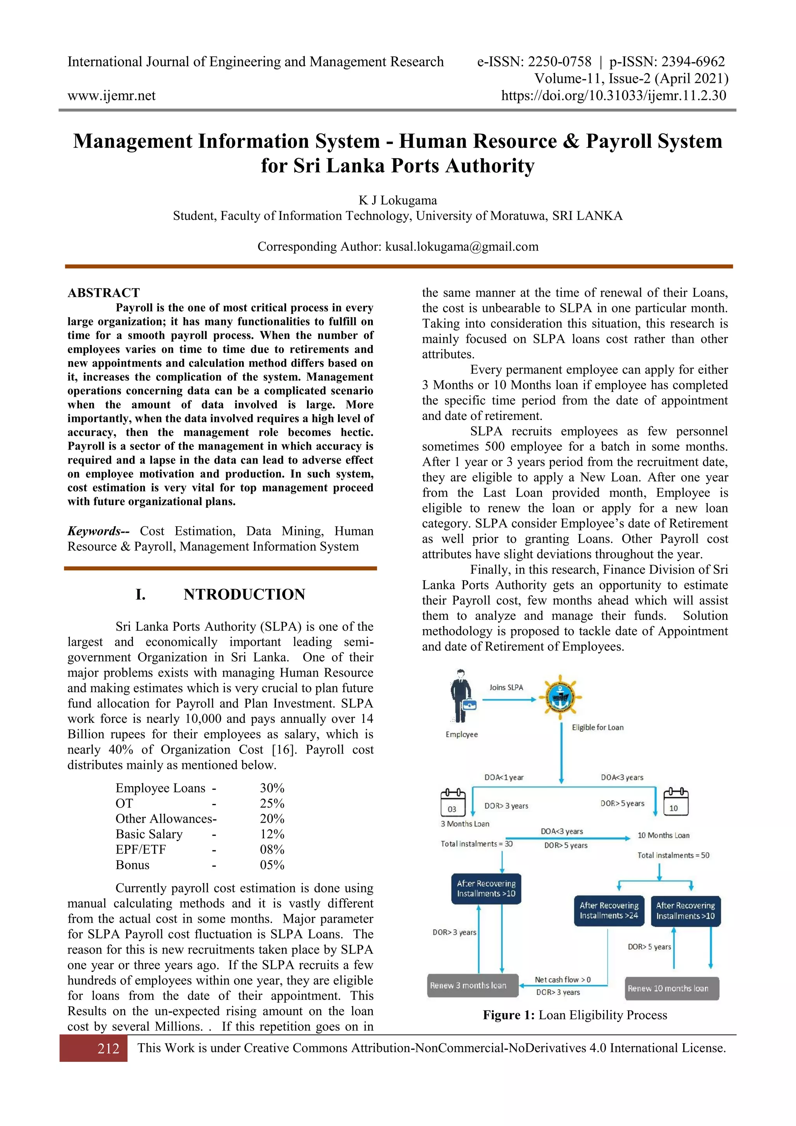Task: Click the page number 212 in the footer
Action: (108, 1049)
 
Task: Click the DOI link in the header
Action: (613, 95)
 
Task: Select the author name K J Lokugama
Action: (398, 200)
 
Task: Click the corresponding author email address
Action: (462, 246)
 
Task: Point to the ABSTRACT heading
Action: (103, 293)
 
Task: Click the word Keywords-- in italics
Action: (98, 531)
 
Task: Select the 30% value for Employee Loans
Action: (272, 788)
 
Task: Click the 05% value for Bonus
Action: (272, 865)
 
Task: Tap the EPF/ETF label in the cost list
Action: (141, 850)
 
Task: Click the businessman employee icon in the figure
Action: (462, 696)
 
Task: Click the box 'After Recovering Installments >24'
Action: (609, 911)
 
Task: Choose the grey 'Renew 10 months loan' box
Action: (672, 988)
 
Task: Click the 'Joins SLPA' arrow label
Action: (506, 687)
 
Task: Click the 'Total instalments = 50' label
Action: (673, 855)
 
